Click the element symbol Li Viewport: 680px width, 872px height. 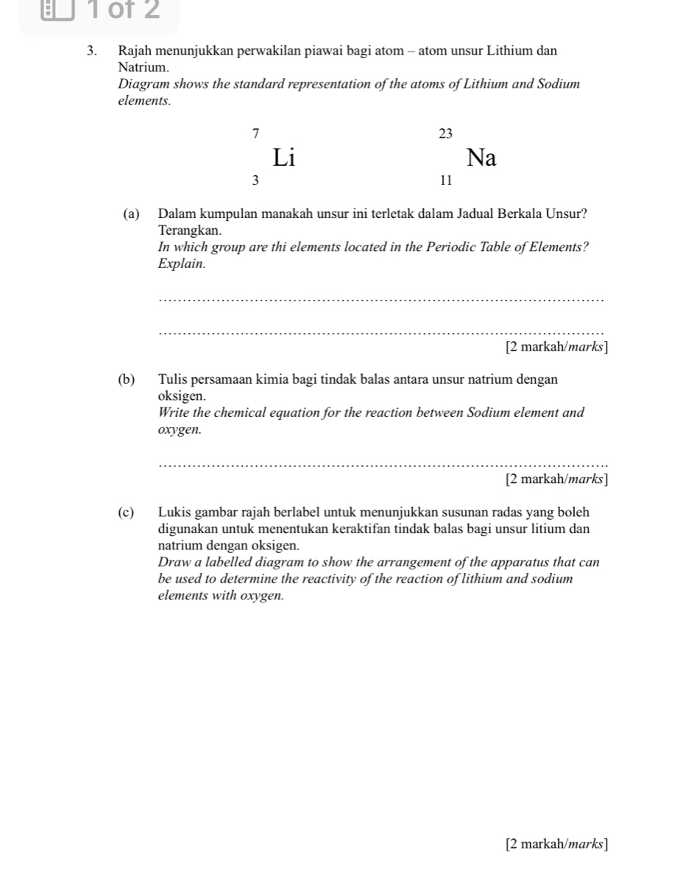[x=284, y=157]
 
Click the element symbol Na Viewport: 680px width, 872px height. [x=481, y=158]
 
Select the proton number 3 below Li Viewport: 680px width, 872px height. [x=255, y=180]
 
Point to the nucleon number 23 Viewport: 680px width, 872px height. [x=445, y=133]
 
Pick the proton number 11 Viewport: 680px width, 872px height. [x=445, y=180]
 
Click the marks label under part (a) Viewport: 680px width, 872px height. [x=556, y=347]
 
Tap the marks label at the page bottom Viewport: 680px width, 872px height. [x=556, y=843]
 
